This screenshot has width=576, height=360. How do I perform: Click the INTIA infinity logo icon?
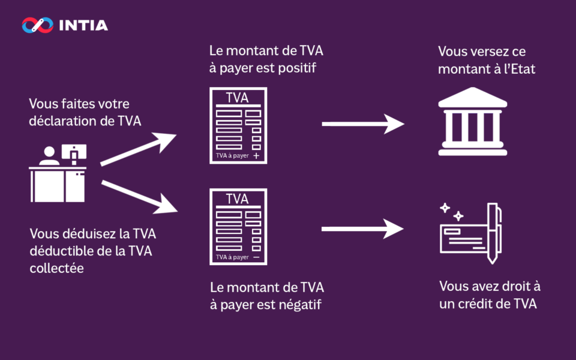37,25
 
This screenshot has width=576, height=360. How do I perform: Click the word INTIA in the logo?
83,25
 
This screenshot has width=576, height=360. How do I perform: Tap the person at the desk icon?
49,157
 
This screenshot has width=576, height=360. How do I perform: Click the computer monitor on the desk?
74,152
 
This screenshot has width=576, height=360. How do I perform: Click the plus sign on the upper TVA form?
256,156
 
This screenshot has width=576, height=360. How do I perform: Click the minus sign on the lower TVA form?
256,257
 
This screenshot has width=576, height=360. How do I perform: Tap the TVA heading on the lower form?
237,199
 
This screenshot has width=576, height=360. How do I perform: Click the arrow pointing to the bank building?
362,124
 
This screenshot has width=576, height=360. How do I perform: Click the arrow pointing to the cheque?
362,228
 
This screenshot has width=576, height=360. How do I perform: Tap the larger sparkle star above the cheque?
445,208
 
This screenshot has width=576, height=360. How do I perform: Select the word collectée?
56,268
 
